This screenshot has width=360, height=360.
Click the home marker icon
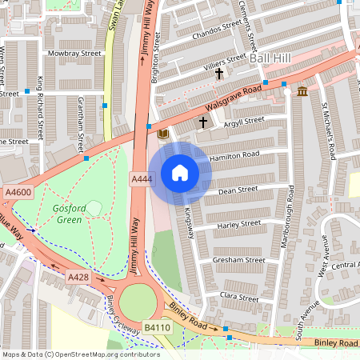(180, 173)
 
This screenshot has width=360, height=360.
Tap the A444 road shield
(142, 182)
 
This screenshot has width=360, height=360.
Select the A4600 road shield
(18, 192)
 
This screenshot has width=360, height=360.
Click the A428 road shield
(78, 277)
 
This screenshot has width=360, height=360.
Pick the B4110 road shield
(157, 328)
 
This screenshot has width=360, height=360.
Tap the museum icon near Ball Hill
(302, 91)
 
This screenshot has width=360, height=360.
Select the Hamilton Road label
(234, 156)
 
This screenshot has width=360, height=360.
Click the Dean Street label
(237, 190)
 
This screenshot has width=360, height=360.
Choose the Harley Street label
(238, 225)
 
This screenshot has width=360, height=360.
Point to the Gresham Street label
(238, 260)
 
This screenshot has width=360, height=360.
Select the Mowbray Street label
(74, 54)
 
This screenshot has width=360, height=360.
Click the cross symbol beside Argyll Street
(203, 122)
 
